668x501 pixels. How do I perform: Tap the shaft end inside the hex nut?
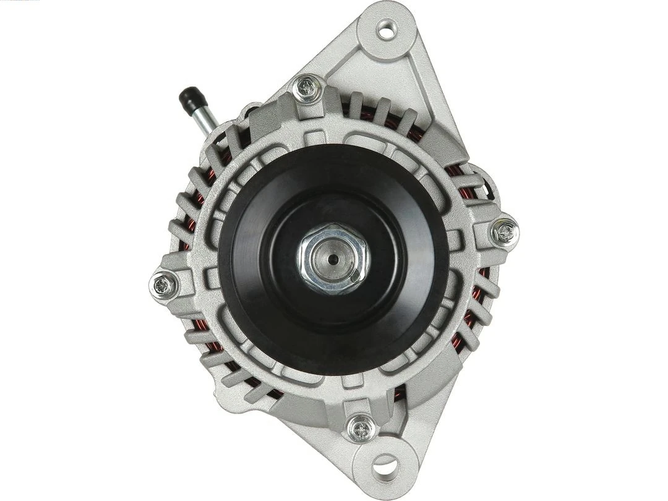(333, 259)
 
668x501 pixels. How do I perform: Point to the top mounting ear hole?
(387, 30)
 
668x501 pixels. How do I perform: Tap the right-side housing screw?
(505, 233)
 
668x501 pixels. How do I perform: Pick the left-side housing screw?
(164, 285)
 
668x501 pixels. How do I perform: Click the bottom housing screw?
(361, 428)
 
